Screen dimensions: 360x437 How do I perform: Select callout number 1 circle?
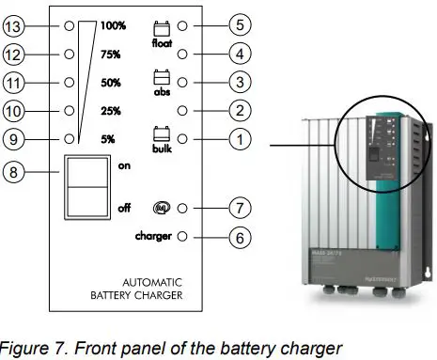pos(241,138)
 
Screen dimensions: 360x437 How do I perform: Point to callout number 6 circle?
pos(241,237)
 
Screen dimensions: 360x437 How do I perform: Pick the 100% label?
pos(113,26)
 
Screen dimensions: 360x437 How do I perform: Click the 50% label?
pos(110,83)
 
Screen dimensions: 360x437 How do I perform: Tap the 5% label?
pos(106,138)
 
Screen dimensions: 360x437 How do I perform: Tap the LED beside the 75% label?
pos(69,55)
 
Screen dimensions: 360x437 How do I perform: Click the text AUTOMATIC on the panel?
pos(151,281)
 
